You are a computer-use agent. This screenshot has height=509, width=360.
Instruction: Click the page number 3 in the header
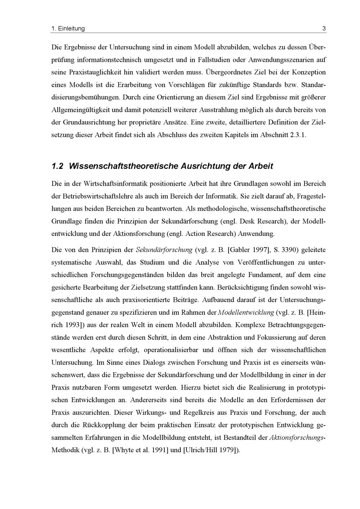[324, 28]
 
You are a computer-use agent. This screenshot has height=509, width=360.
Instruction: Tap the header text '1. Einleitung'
[68, 28]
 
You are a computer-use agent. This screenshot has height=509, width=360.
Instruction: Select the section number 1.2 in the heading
[58, 166]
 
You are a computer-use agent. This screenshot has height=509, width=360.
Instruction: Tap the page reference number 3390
[289, 250]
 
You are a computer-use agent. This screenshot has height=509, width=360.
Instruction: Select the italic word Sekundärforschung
[163, 250]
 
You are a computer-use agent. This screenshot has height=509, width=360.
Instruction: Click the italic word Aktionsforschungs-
[297, 437]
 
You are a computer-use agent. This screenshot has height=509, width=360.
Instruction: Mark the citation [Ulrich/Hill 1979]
[211, 450]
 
